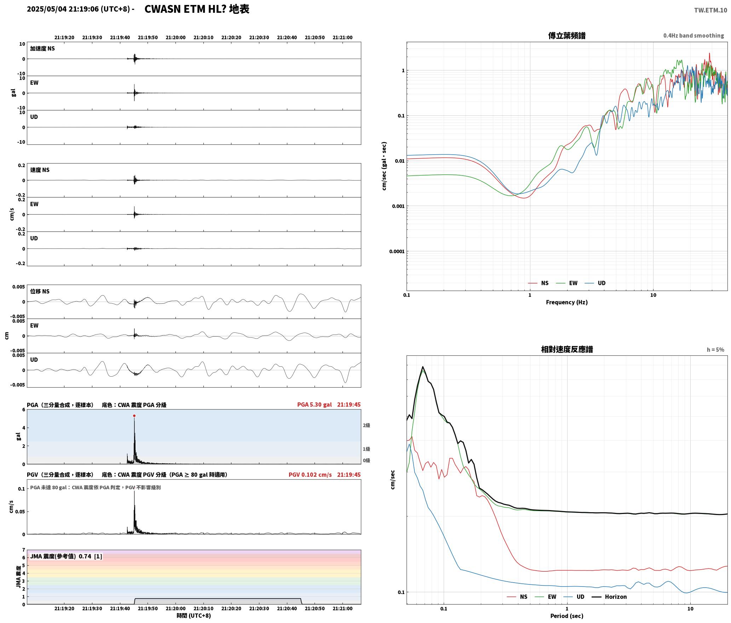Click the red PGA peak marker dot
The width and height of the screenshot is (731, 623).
tap(134, 416)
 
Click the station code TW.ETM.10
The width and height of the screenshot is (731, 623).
tap(710, 10)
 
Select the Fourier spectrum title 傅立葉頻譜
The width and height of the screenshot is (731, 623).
tap(566, 36)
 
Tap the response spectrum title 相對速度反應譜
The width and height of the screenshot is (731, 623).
tap(567, 349)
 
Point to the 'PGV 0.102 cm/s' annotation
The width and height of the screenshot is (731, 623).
tap(310, 475)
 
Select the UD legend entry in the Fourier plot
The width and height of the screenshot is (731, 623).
tap(595, 283)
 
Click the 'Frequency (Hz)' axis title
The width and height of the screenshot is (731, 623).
tap(566, 302)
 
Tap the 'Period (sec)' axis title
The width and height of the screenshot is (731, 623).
tap(566, 616)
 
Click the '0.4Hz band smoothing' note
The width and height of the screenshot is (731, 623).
tap(693, 36)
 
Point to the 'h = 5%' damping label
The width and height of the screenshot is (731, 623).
tap(715, 350)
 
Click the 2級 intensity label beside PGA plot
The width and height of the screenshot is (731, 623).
tap(366, 425)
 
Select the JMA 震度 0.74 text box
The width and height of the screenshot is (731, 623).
tap(66, 556)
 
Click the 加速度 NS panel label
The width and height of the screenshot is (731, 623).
tap(42, 48)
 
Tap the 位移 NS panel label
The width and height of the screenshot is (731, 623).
tap(40, 291)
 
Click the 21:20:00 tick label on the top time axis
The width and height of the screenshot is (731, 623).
tap(175, 38)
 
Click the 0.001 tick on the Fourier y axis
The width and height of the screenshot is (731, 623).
tap(398, 206)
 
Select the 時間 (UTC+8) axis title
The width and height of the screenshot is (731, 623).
tap(194, 616)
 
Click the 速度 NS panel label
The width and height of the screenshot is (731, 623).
tap(40, 170)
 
